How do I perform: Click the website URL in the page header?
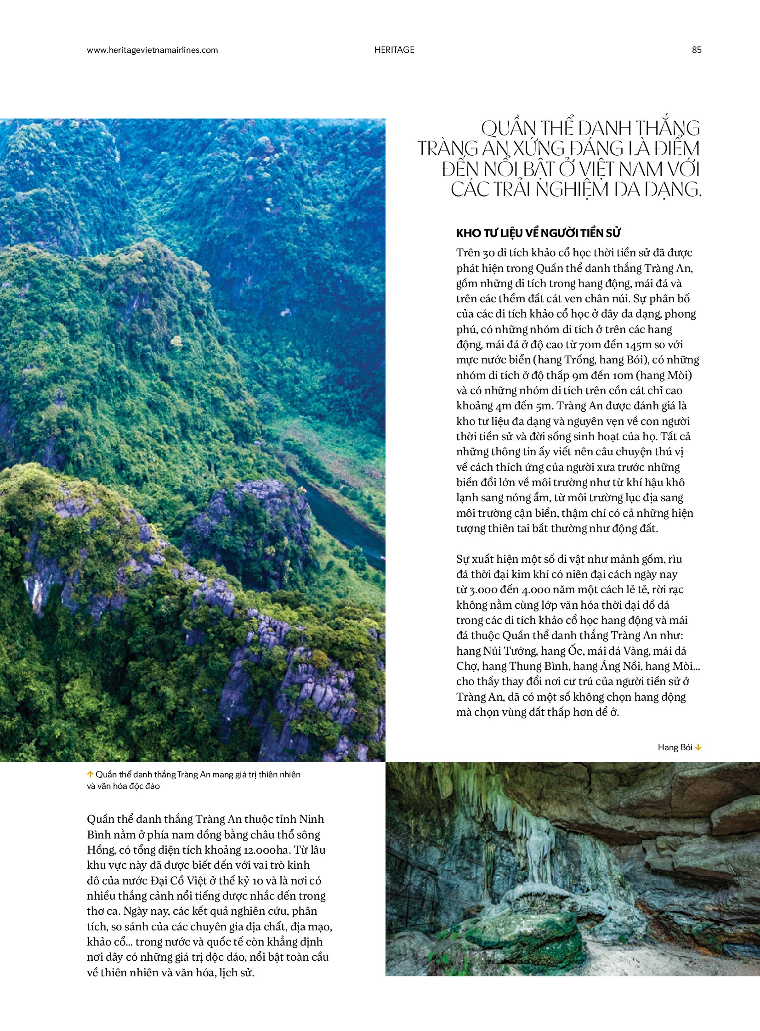coord(152,50)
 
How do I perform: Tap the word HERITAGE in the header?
coord(394,50)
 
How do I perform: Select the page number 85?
coord(697,50)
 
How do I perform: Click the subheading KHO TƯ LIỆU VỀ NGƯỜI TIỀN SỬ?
coord(538,233)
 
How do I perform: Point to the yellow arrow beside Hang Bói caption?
coord(698,748)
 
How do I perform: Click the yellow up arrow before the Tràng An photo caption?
coord(90,775)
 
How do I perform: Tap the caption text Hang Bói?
coord(675,748)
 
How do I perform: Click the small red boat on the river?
coord(382,558)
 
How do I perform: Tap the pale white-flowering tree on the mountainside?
coord(176,341)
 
